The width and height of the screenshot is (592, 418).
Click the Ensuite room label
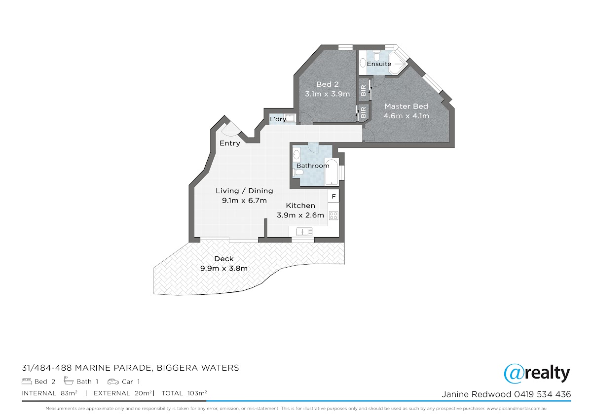(x=379, y=64)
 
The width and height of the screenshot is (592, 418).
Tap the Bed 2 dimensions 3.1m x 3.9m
(x=328, y=94)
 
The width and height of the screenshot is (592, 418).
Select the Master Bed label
(x=406, y=106)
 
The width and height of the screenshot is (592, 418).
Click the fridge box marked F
(x=333, y=196)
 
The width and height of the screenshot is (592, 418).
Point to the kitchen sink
(x=304, y=232)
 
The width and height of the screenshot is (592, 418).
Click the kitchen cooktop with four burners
(x=333, y=215)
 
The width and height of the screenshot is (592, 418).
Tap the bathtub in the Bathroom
(x=332, y=172)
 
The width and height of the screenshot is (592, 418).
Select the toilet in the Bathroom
(x=297, y=173)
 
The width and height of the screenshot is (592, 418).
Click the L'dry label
(x=278, y=119)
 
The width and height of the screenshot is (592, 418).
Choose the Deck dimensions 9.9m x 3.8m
(x=224, y=269)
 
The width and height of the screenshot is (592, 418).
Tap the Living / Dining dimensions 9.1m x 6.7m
(x=244, y=201)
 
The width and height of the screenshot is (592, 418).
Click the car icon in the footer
(x=113, y=382)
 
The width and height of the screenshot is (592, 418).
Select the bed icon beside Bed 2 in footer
(x=27, y=382)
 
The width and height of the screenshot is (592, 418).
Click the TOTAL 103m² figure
(x=184, y=393)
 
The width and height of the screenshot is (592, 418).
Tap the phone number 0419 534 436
(x=542, y=394)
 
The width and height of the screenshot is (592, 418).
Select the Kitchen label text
(x=300, y=206)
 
